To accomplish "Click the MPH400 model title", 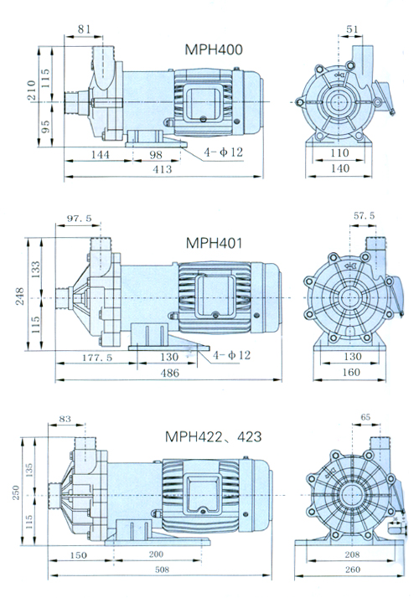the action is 214,49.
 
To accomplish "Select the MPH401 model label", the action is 214,243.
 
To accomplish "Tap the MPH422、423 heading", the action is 214,436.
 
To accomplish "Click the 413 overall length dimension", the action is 163,169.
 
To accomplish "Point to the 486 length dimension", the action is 170,373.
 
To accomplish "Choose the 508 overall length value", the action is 162,570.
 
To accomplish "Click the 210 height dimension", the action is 31,90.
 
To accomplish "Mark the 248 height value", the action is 19,296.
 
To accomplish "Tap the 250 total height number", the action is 15,492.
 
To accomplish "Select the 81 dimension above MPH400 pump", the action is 84,29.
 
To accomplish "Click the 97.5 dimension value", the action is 80,218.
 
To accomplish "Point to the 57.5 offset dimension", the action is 364,216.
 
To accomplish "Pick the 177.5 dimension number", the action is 97,358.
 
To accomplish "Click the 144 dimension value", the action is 100,154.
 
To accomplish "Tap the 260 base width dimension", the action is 352,570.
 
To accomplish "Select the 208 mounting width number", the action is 352,554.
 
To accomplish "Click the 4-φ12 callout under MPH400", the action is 223,152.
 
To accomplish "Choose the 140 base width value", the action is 340,168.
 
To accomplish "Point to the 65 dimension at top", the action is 365,417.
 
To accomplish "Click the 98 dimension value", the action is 156,154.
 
